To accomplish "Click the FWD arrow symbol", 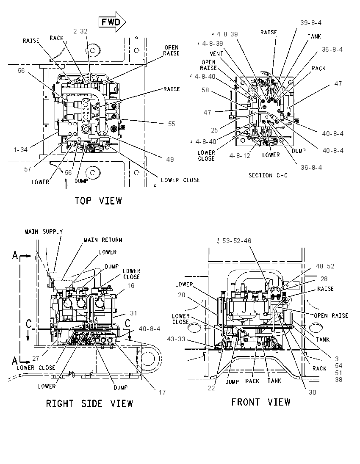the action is coord(112,22).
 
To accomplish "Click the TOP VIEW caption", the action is coord(98,201).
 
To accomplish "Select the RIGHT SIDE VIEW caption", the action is coord(89,403).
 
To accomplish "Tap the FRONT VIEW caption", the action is coord(261,402).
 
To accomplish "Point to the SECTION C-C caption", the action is coord(268,175).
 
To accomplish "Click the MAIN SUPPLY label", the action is coord(44,232).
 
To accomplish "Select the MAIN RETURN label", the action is coord(103,240).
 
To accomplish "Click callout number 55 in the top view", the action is coord(172,124).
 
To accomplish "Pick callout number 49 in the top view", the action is coord(170,160).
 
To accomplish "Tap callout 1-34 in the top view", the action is coord(21,150).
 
